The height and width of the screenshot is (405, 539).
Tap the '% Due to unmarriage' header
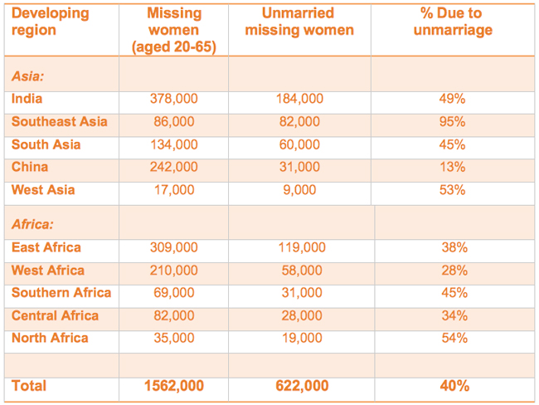coord(453,22)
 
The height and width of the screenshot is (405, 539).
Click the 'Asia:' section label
coord(28,76)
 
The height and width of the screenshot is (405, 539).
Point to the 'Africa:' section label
coord(32,224)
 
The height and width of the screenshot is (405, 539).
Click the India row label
coord(27,99)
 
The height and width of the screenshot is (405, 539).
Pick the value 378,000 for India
coord(173,99)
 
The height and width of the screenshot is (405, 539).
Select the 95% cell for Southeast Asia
coord(453,122)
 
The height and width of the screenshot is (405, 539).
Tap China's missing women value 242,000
coord(173,167)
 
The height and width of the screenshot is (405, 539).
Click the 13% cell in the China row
coord(453,167)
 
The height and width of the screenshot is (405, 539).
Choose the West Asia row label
coord(43,190)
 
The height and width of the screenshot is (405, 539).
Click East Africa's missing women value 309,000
coord(173,247)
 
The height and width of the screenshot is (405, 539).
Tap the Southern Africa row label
coord(61,293)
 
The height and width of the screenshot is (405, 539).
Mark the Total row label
coord(29,386)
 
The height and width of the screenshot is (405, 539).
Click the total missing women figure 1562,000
coord(173,386)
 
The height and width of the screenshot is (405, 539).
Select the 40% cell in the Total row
coord(453,386)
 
